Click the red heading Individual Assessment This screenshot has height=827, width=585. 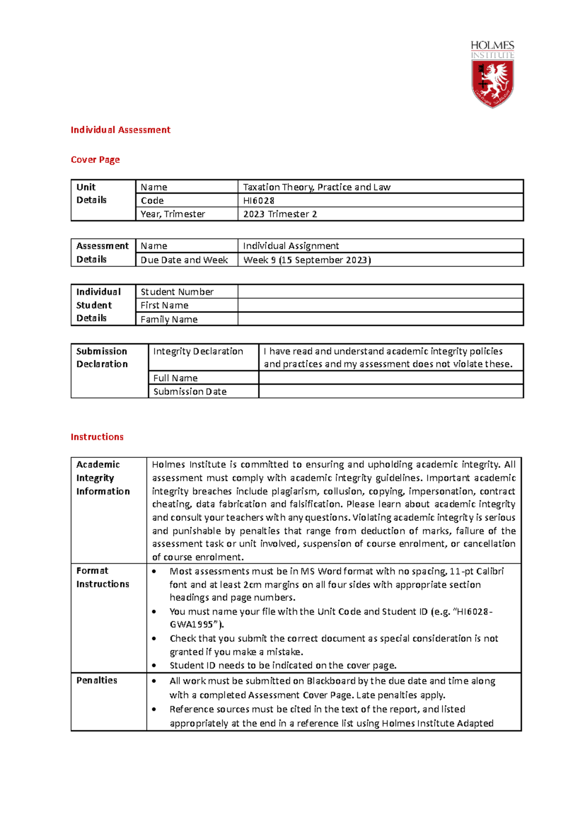coord(120,130)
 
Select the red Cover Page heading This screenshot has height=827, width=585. coord(95,159)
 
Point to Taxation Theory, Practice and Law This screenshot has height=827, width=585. coord(317,187)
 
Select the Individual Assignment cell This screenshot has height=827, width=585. coord(291,246)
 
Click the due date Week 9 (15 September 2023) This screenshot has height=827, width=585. coord(307,260)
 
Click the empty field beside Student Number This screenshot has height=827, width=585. coord(380,292)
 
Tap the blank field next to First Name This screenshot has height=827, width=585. coord(380,305)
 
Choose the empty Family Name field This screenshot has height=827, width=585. coord(380,319)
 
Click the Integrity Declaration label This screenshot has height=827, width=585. coord(198,351)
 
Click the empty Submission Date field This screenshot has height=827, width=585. coord(390,392)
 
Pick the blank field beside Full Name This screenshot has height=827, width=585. coord(390,378)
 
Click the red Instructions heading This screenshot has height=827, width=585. coord(97,437)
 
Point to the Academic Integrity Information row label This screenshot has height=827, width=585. coord(103,478)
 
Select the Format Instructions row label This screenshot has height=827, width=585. coord(102,577)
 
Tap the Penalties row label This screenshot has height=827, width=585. coord(97,680)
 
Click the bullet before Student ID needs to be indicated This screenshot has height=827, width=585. coord(154,666)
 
